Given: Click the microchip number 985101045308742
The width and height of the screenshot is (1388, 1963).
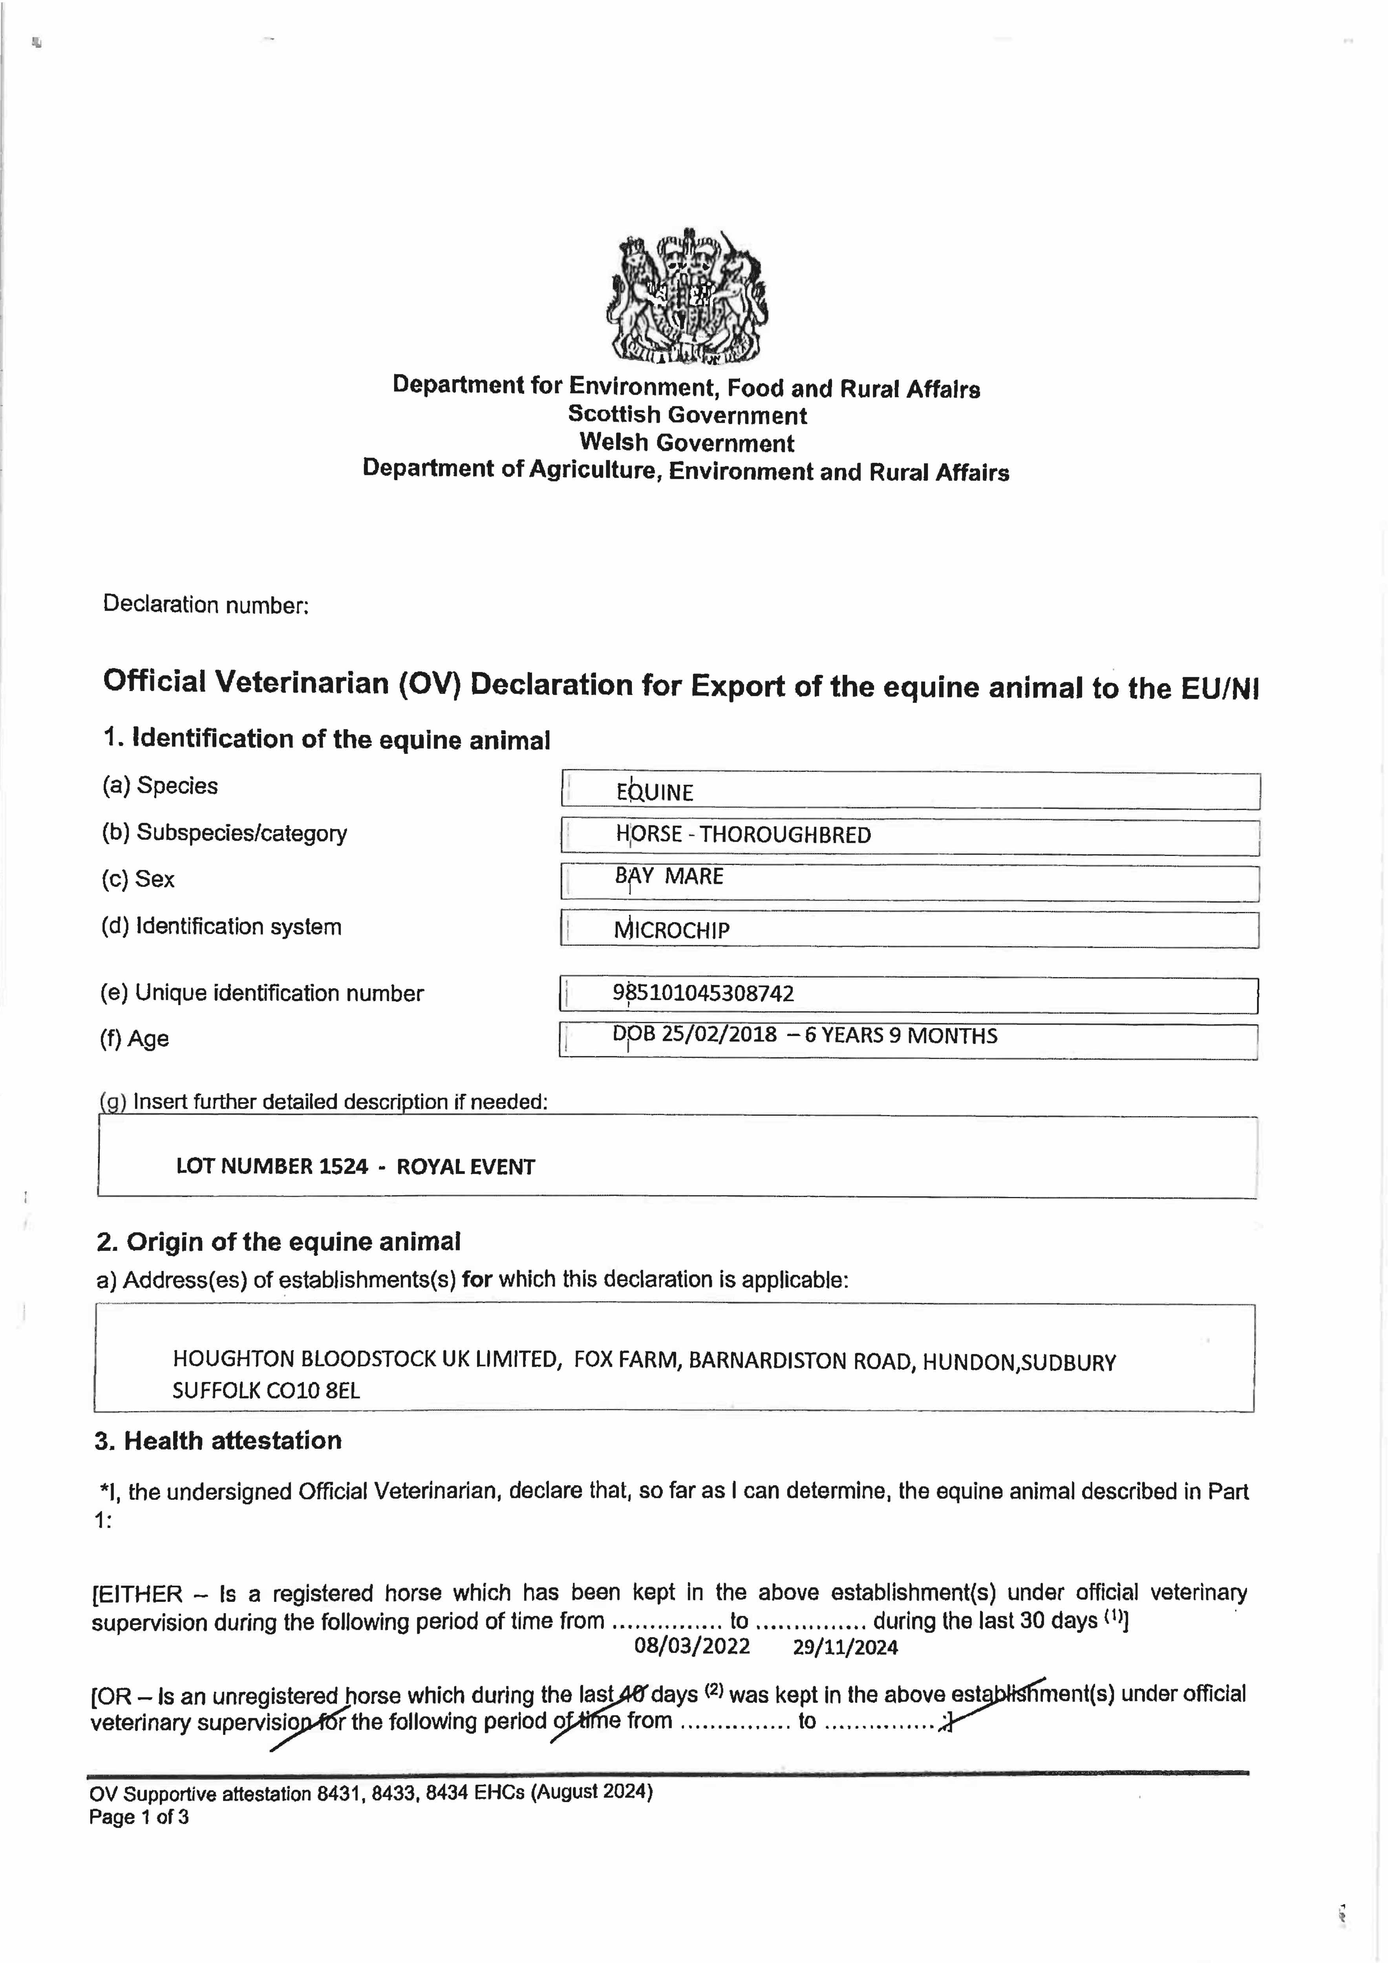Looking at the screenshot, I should pos(703,993).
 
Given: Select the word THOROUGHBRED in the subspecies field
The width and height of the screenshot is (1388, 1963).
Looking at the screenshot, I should pos(785,835).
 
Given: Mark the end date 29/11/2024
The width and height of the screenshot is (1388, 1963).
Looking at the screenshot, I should pos(845,1647).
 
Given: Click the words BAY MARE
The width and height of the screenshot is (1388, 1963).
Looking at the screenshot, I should pos(669,876).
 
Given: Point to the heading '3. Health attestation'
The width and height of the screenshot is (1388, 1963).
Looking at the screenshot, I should pos(218,1440).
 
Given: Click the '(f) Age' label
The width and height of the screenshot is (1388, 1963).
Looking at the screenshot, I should pos(135,1039).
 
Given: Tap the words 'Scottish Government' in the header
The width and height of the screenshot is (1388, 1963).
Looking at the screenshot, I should pos(687,415).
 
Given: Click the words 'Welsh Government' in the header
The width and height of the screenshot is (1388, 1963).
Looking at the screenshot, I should pos(687,443).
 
